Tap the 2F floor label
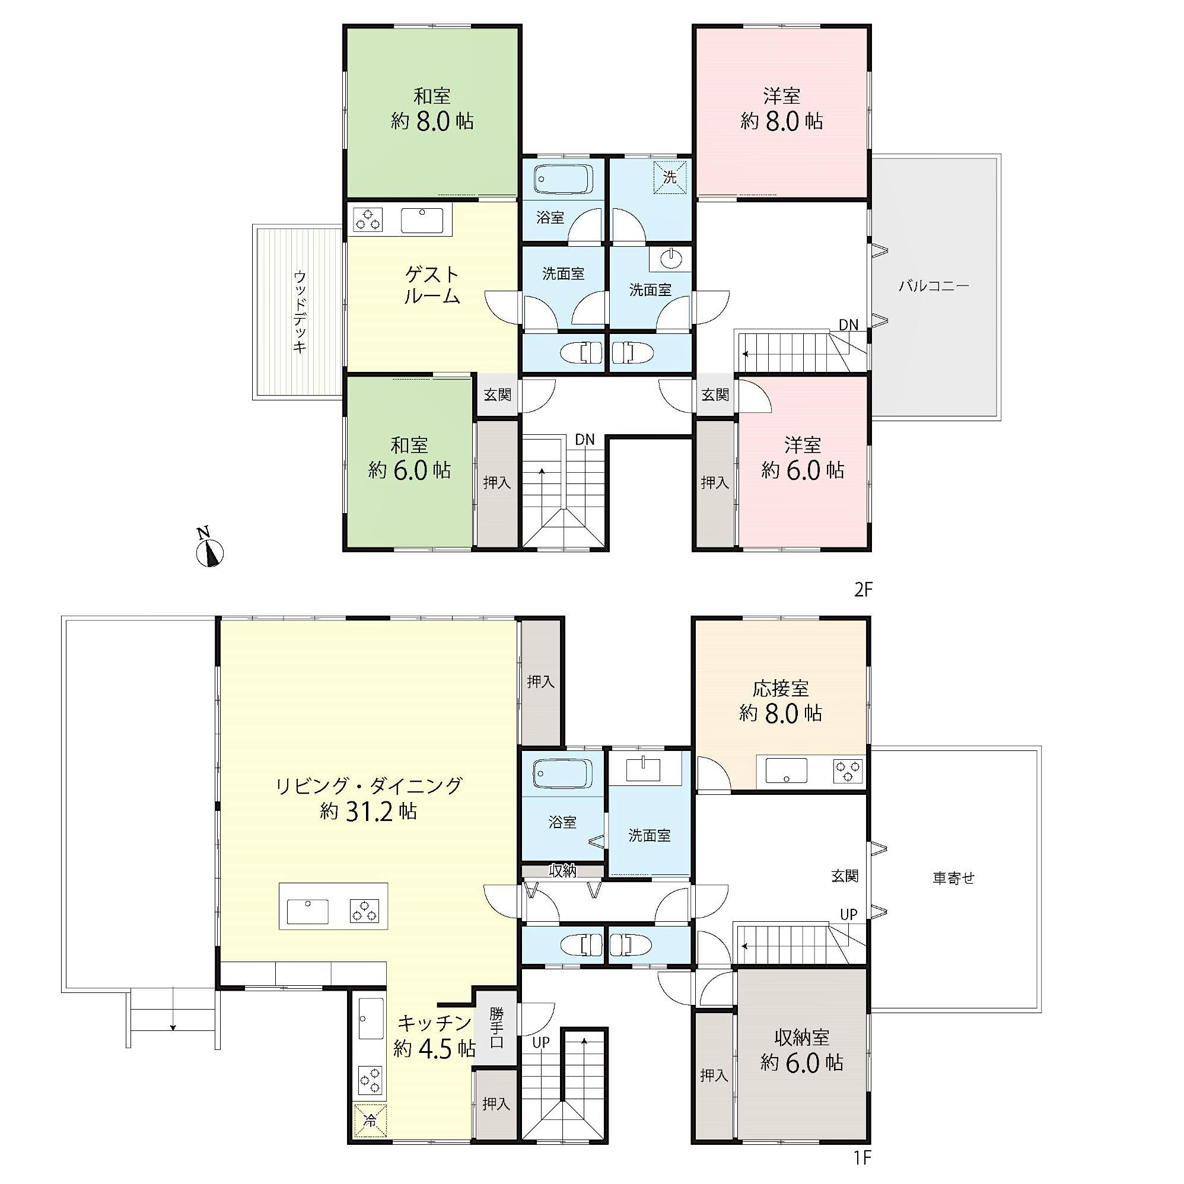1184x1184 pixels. click(x=863, y=590)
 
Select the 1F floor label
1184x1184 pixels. click(x=863, y=1175)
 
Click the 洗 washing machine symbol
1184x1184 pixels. click(x=670, y=177)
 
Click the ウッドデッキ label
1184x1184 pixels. click(x=299, y=312)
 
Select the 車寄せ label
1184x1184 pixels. click(x=954, y=878)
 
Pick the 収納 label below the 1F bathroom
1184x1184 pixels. click(x=562, y=871)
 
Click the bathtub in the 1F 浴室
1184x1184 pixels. click(x=562, y=774)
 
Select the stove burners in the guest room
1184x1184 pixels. click(x=368, y=220)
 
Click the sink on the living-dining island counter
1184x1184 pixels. click(x=308, y=911)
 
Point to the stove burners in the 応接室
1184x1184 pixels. click(x=848, y=771)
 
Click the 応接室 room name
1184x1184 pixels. click(x=781, y=689)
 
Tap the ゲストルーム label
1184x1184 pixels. click(x=432, y=284)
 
